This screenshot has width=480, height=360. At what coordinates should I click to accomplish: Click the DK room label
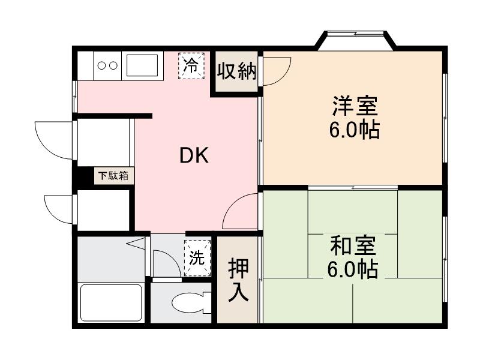[x=194, y=156]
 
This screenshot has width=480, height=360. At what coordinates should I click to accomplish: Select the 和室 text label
[x=353, y=247]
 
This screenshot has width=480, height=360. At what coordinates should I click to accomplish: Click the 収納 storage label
[x=236, y=71]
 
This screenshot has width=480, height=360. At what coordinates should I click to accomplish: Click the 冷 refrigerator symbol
[x=191, y=65]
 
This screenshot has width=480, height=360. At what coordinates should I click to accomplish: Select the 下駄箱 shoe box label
[x=113, y=176]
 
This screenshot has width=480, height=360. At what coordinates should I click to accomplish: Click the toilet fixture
[x=190, y=303]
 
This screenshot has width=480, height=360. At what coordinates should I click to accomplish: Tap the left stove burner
[x=101, y=65]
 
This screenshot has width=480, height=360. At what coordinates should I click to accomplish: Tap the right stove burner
[x=112, y=65]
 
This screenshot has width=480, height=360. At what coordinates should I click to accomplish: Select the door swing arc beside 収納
[x=276, y=71]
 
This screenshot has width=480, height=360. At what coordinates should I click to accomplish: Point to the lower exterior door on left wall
[x=59, y=208]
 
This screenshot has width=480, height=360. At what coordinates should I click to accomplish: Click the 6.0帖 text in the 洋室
[x=354, y=130]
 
